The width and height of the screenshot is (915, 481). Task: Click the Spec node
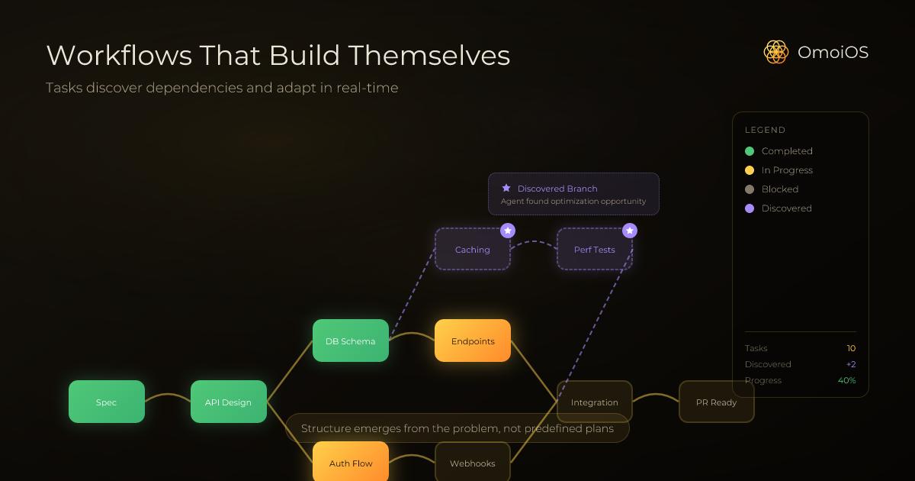click(107, 402)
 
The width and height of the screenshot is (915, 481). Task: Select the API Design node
click(228, 402)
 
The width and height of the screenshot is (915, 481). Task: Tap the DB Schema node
click(351, 341)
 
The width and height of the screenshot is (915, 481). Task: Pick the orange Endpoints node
click(473, 341)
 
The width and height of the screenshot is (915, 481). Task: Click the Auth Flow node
click(350, 462)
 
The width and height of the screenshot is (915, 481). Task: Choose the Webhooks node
click(473, 463)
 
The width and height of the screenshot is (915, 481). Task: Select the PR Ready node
click(717, 402)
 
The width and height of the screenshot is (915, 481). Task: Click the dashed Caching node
click(473, 249)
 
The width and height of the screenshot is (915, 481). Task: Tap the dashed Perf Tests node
click(595, 249)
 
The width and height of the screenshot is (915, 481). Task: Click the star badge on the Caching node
click(508, 230)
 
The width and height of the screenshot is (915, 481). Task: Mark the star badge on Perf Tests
click(630, 230)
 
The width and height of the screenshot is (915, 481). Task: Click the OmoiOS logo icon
click(775, 52)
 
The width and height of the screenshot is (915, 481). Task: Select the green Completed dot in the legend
click(750, 151)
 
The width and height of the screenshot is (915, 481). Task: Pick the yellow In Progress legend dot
click(750, 170)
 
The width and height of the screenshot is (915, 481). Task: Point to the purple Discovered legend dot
click(750, 208)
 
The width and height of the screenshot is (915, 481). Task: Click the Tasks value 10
click(851, 348)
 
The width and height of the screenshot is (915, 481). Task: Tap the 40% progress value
click(847, 380)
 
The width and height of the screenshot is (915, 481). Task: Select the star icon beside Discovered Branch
click(506, 188)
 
